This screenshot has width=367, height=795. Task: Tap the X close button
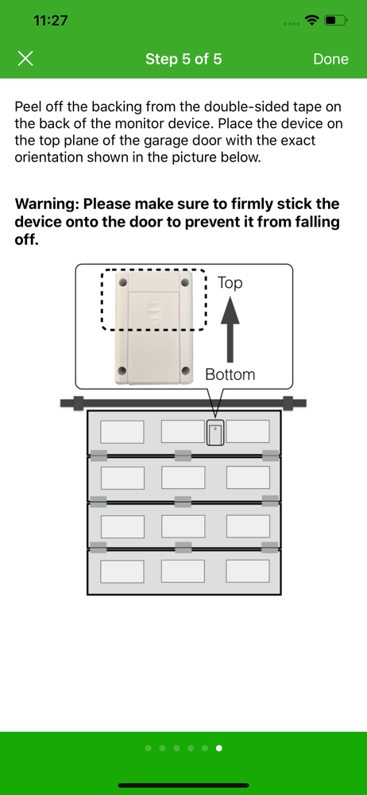pos(25,59)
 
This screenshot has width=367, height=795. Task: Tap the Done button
pos(331,60)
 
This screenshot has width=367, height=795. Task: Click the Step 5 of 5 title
pos(183,60)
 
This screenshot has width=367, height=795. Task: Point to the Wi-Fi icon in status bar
pos(312,21)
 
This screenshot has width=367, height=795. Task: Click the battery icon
pos(335,21)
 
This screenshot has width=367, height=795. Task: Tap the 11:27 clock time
pos(50,21)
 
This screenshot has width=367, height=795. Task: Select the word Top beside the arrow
pos(230,283)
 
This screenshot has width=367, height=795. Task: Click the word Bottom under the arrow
pos(230,374)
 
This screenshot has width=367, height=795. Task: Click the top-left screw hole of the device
pos(122,280)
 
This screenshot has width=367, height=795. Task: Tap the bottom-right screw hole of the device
pos(185,370)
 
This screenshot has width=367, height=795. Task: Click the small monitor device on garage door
pos(215,432)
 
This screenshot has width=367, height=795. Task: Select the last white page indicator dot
pos(219,748)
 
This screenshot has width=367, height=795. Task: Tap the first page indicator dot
pos(148,748)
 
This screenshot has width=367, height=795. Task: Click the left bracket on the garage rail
pos(78,403)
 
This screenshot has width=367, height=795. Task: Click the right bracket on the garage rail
pos(288,403)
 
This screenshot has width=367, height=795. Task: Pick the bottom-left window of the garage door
pos(122,572)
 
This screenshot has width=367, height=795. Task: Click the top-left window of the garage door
pos(122,432)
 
